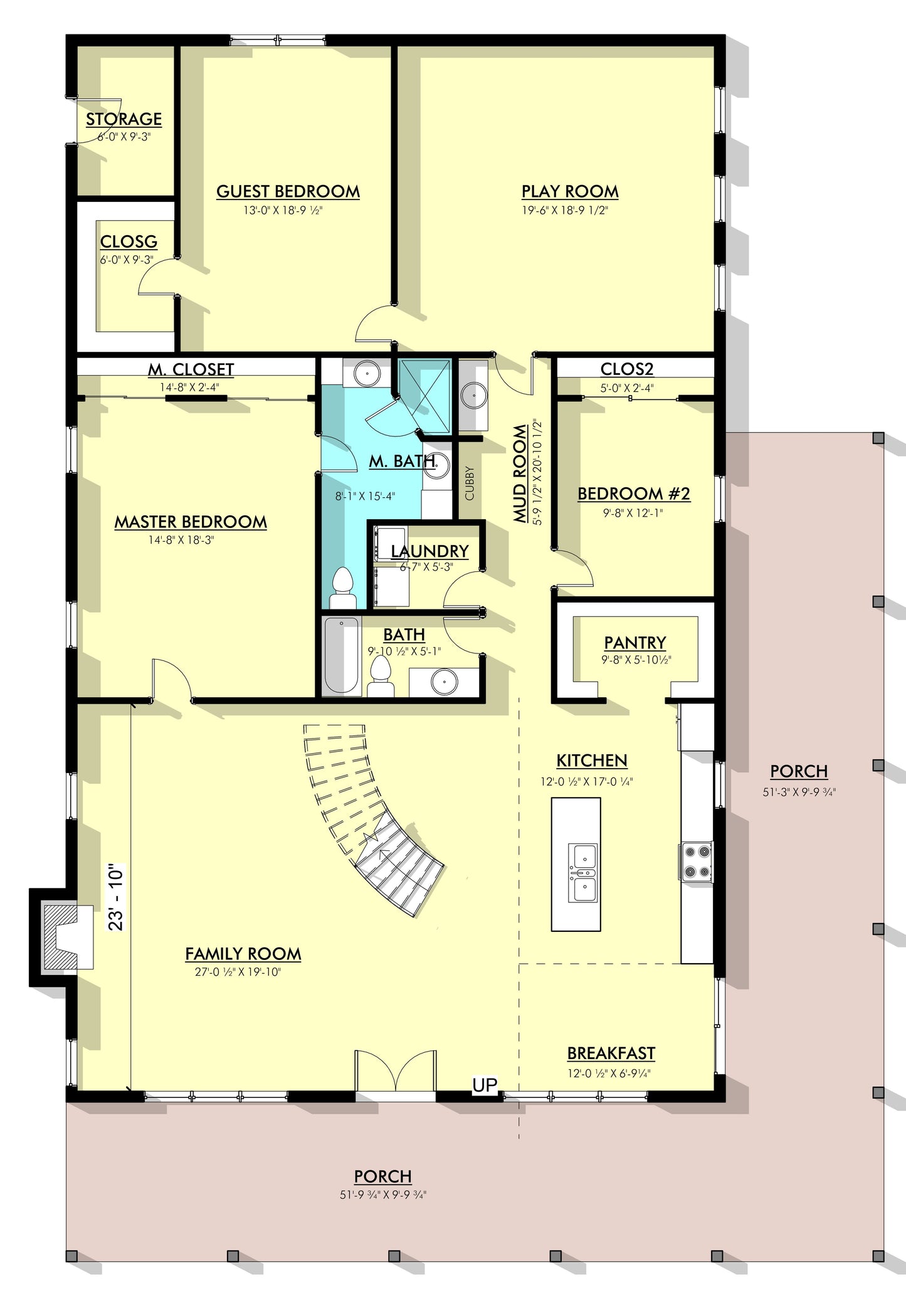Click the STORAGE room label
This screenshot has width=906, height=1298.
click(124, 119)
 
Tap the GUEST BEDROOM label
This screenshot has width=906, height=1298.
click(288, 191)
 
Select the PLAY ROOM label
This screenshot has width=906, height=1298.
click(570, 191)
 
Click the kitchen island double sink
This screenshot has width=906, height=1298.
click(582, 872)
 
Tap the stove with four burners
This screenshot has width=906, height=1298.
click(696, 862)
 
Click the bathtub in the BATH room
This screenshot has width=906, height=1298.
click(342, 655)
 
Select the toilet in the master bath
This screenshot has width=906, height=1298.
click(343, 588)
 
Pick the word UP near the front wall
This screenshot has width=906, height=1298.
click(485, 1084)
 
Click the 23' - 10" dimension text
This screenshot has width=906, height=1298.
click(117, 897)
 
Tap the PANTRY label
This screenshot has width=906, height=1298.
click(635, 643)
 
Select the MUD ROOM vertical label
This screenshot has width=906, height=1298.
click(520, 474)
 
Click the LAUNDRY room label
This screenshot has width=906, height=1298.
click(429, 551)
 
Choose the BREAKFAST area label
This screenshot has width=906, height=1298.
click(611, 1053)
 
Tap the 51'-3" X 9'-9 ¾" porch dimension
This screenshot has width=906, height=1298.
click(799, 792)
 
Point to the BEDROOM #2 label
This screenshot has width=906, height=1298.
click(633, 494)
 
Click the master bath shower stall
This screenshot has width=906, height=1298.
click(425, 396)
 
